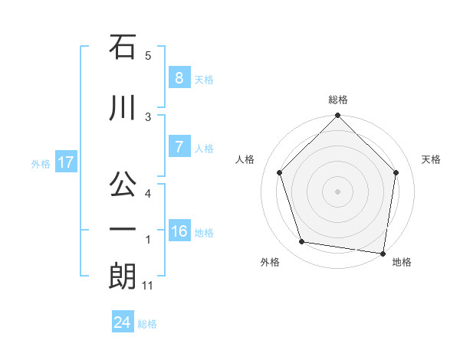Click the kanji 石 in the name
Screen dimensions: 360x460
point(123,47)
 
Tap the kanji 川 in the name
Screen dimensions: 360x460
point(123,109)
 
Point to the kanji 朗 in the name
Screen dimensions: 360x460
point(123,277)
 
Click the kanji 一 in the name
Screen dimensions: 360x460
point(123,231)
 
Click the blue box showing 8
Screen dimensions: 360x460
point(179,78)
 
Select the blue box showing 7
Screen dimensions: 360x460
point(179,147)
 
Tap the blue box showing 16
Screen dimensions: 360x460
point(179,231)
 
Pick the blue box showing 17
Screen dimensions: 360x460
point(65,162)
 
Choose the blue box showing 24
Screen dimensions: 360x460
point(122,322)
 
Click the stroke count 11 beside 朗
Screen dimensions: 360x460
point(148,286)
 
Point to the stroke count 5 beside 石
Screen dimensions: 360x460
point(148,56)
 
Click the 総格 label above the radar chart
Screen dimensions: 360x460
point(338,100)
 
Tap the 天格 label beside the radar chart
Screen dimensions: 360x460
point(432,159)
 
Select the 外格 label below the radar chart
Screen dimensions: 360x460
point(270,262)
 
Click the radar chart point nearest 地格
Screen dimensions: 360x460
point(383,253)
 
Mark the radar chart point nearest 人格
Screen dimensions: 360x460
point(279,172)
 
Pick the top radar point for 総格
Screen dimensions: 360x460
point(338,116)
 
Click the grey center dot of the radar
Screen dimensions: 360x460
point(338,191)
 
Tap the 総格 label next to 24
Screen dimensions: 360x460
point(147,324)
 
